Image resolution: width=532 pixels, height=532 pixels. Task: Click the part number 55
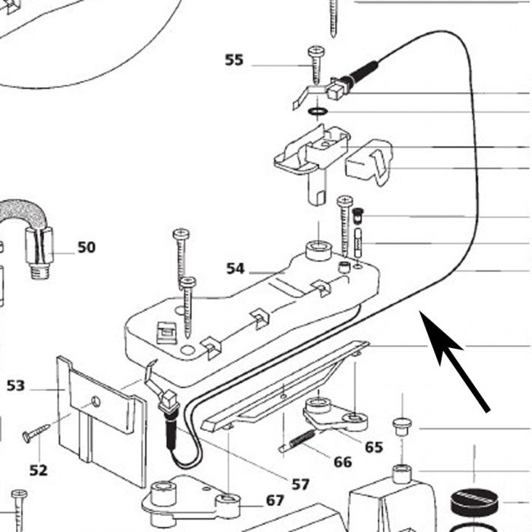(234, 60)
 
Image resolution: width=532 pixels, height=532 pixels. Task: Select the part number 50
(87, 247)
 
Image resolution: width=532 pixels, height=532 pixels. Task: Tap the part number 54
(236, 268)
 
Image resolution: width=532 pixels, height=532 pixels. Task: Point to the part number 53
(16, 385)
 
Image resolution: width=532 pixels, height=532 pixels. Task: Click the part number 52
(39, 470)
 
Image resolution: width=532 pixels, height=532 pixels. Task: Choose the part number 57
(301, 484)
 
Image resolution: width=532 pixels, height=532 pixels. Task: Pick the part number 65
(374, 447)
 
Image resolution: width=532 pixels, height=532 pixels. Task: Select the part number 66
(343, 462)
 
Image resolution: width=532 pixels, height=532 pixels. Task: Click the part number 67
(275, 500)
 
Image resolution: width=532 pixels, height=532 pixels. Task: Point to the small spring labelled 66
(297, 442)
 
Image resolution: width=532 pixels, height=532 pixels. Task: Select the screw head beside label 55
(315, 51)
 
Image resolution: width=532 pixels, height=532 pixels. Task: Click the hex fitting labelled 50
(37, 250)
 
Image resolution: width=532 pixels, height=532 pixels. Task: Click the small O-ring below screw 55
(318, 112)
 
